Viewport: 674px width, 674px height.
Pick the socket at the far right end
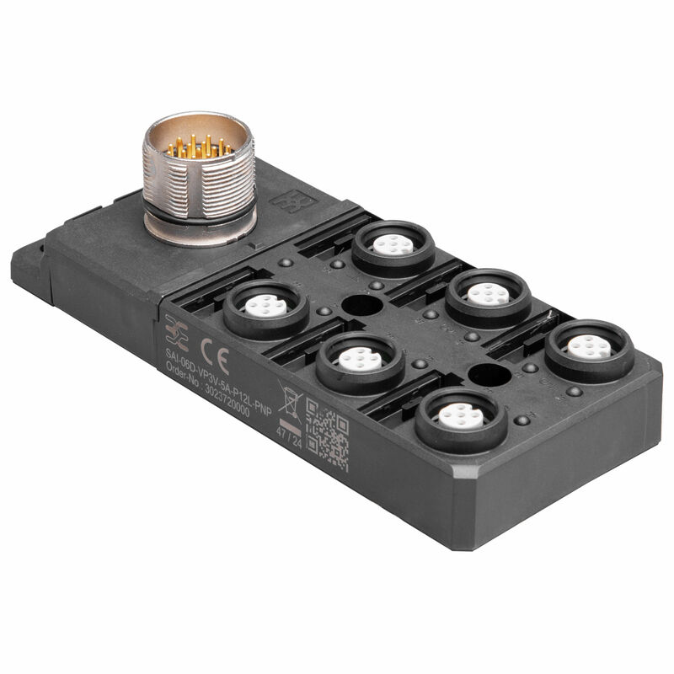pyautogui.click(x=589, y=346)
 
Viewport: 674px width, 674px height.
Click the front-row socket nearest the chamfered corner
pyautogui.click(x=461, y=415)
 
